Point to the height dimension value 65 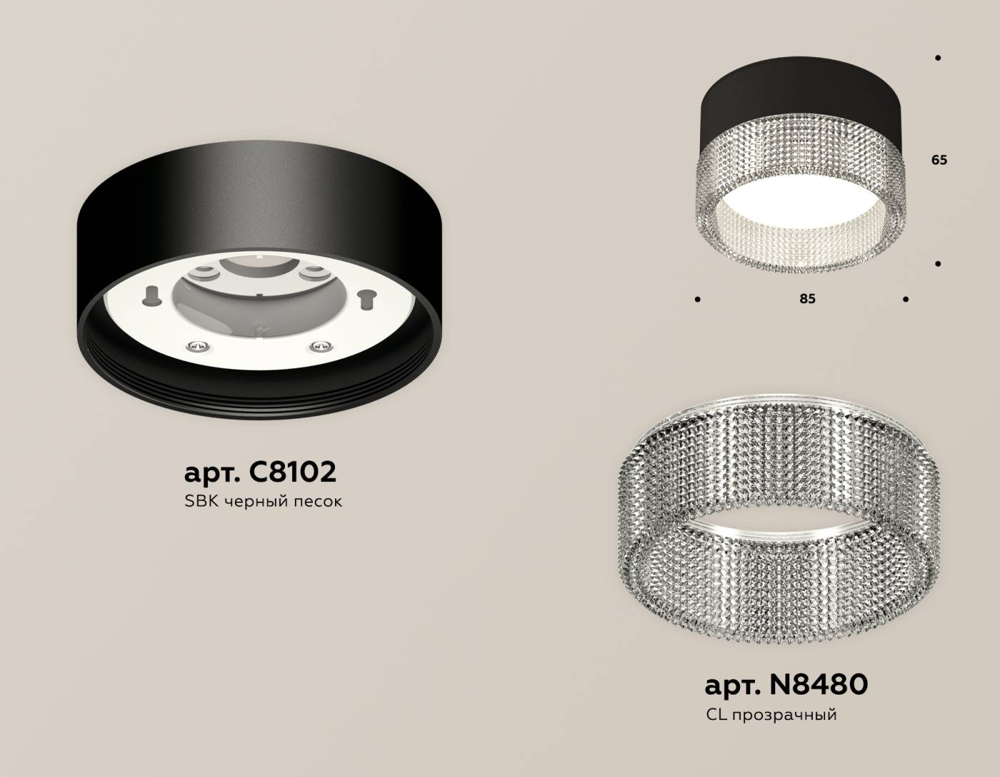939,160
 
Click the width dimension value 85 807,299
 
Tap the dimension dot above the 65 937,58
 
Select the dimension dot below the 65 938,264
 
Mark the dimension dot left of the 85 697,299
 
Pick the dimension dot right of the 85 905,299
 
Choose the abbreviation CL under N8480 716,714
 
